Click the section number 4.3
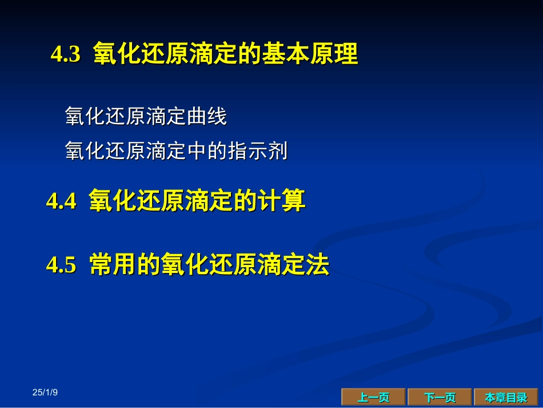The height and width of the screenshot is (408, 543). tap(66, 54)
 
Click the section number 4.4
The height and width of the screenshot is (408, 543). tap(61, 201)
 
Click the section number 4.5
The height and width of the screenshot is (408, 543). tap(61, 264)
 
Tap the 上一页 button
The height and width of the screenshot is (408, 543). tap(373, 397)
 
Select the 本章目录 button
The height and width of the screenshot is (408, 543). tap(506, 397)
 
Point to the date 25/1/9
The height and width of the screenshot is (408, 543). tap(45, 393)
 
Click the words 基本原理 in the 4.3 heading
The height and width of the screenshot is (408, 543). tap(310, 54)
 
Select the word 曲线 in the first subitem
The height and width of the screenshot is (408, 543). tap(207, 116)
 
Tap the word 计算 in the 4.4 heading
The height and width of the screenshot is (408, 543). tap(282, 200)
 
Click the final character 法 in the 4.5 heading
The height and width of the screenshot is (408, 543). tap(317, 264)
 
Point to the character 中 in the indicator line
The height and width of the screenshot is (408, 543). tap(197, 151)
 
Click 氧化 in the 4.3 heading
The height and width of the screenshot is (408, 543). tap(117, 54)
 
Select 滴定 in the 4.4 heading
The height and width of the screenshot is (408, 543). tap(209, 200)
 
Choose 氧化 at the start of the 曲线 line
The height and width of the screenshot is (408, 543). tap(85, 116)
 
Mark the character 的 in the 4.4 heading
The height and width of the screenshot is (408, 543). tap(246, 200)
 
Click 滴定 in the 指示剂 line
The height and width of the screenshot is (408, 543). tap(166, 151)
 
